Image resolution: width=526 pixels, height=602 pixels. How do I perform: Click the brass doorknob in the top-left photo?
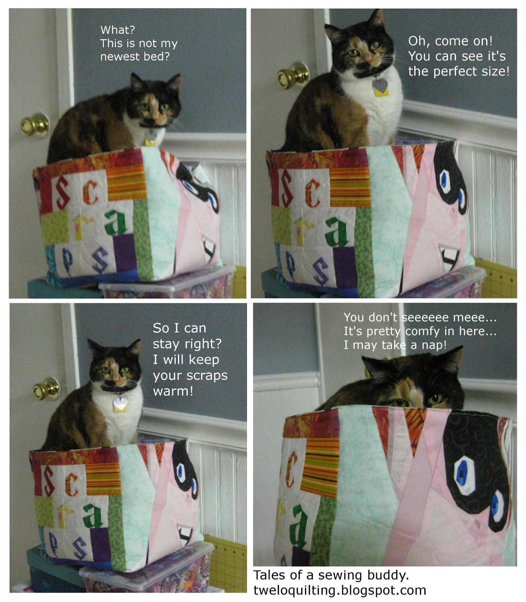coord(35,125)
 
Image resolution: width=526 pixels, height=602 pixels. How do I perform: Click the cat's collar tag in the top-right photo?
coord(380,87)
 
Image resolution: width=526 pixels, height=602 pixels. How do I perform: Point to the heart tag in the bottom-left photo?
coord(120,404)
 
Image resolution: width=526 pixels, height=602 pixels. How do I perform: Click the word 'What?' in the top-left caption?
coord(117,30)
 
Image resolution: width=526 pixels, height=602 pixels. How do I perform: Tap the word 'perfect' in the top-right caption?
coord(458,71)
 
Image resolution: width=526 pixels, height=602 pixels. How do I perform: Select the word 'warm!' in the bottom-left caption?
coord(173,391)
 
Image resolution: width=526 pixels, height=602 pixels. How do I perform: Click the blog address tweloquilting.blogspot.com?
coord(340,590)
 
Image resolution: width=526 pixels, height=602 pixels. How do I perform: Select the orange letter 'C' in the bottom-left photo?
coord(72,485)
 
